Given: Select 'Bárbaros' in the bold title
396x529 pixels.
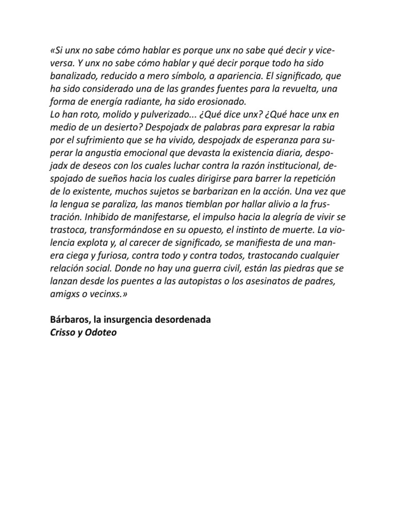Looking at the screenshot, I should pos(68,321).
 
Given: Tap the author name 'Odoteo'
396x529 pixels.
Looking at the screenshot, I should pos(101,333).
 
